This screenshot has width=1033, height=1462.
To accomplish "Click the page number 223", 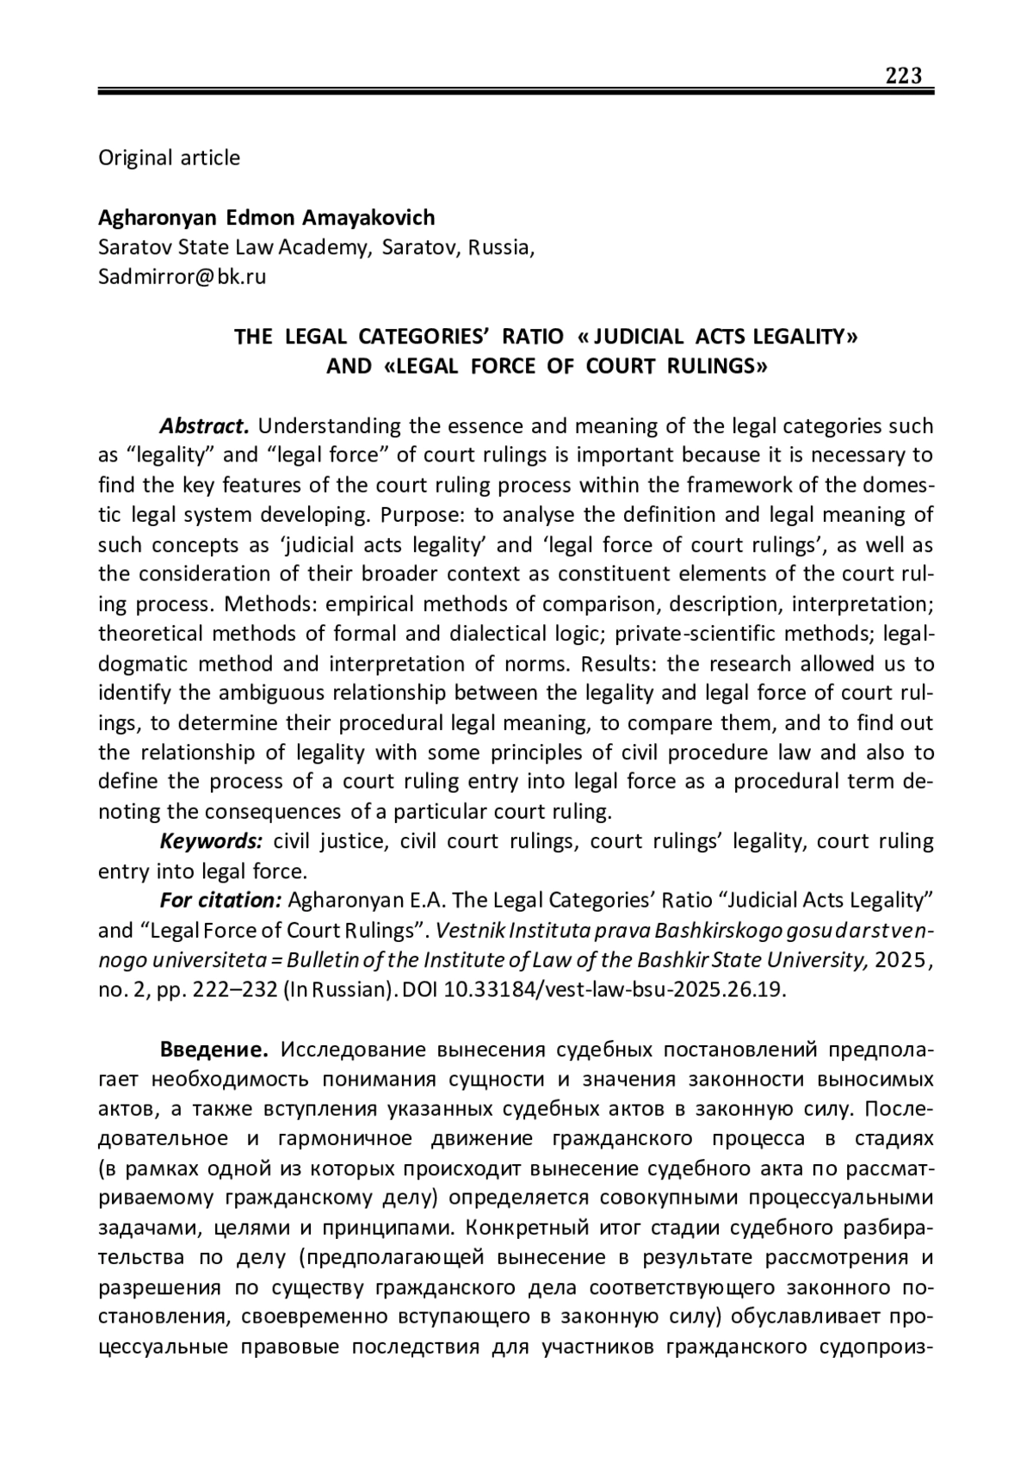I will pos(904,76).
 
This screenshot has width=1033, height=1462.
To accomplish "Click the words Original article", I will pos(169,158).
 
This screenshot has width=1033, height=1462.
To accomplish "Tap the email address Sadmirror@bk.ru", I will pos(182,276).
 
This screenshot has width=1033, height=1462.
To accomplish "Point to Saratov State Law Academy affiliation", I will pos(232,247).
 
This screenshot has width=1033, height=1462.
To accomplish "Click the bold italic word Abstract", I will pos(204,426).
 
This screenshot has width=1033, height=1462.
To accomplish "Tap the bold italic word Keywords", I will pos(211,841).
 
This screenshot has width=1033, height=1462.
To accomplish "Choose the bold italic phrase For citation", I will pos(220,901).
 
